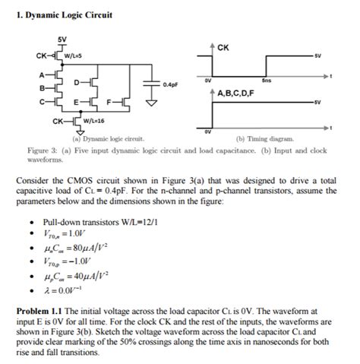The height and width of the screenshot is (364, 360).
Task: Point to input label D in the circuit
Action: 77,81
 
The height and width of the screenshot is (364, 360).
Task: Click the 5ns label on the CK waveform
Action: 265,79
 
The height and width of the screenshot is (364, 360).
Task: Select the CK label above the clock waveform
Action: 223,48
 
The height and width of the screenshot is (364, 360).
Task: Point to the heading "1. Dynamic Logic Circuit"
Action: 64,14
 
